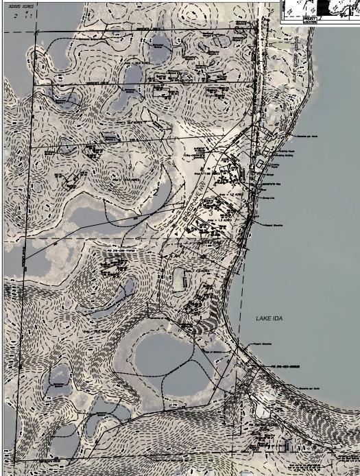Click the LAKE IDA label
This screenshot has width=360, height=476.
tap(269, 319)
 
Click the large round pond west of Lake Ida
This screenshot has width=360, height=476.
tap(165, 354)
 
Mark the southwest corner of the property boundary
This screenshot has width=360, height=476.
tap(14, 461)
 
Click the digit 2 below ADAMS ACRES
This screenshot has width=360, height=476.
tap(14, 15)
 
